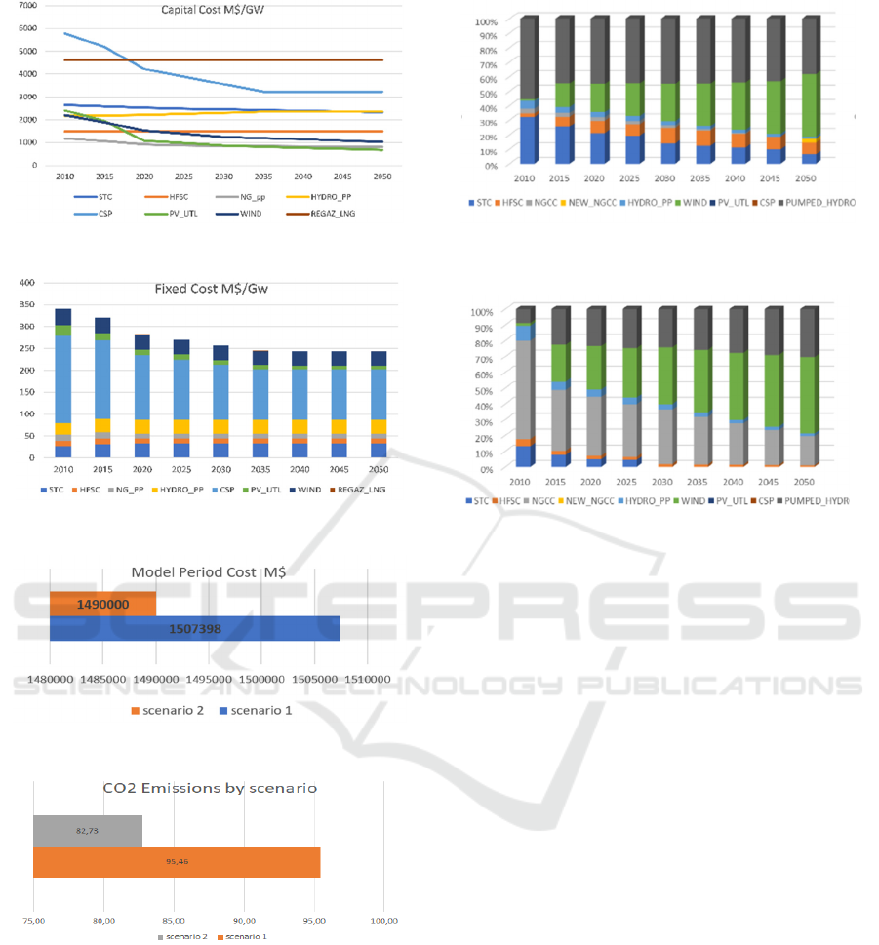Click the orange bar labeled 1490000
102,605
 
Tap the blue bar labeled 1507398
194,629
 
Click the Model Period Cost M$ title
195,572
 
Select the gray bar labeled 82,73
88,831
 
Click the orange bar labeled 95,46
177,862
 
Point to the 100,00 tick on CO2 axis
384,920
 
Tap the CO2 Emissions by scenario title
210,788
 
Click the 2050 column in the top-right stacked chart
809,93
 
